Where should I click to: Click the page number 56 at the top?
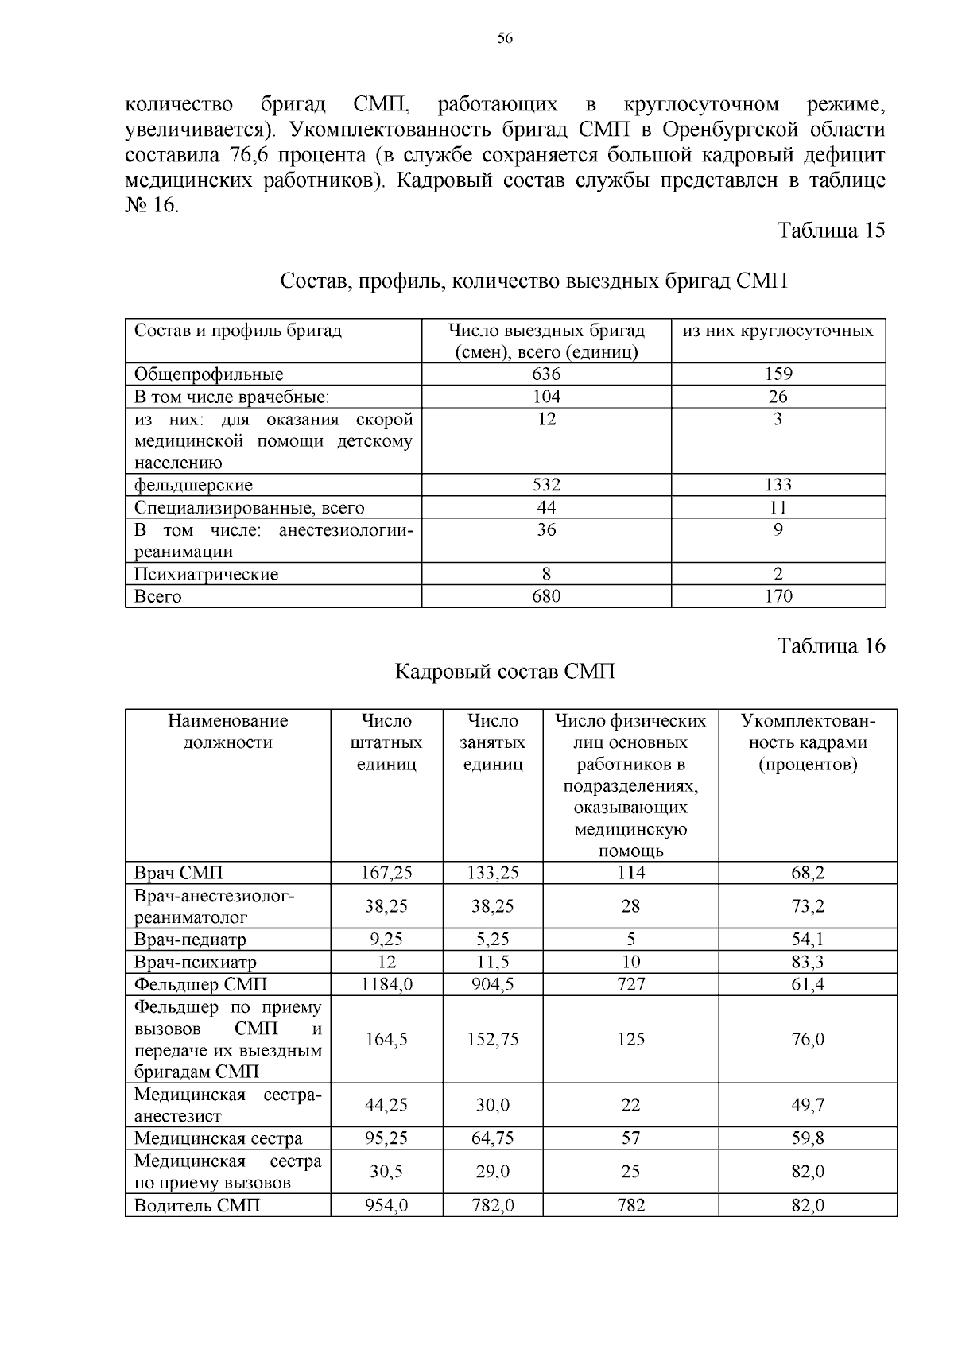point(505,38)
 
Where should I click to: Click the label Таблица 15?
point(831,231)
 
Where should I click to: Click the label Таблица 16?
point(831,645)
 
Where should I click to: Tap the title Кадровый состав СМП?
point(506,672)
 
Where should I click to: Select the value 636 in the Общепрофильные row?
point(546,374)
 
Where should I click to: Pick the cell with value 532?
point(546,485)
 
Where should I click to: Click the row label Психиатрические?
point(206,574)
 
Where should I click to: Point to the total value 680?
point(546,596)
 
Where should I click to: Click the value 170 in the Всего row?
point(778,596)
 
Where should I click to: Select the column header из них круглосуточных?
point(778,331)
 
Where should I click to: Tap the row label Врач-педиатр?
point(190,940)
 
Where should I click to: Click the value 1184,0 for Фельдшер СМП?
point(386,984)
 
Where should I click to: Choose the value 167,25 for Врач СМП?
point(386,873)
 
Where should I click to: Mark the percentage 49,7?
point(807,1105)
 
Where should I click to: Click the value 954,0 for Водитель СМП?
point(386,1205)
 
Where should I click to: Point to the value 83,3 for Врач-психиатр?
point(807,962)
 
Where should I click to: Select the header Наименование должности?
point(227,731)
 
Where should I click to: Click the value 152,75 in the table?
point(492,1039)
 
